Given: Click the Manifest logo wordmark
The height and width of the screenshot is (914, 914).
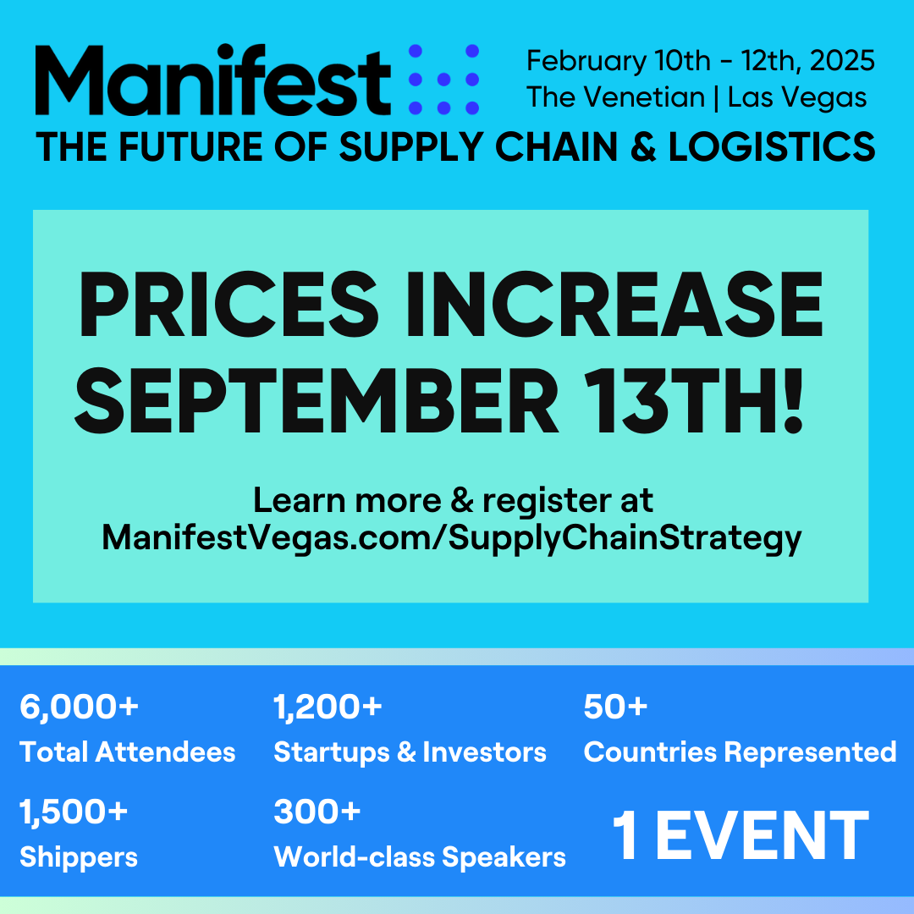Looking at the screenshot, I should (212, 80).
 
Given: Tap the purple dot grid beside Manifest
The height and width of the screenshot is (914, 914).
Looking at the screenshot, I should (443, 80).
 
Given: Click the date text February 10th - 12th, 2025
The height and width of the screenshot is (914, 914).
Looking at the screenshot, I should (700, 61).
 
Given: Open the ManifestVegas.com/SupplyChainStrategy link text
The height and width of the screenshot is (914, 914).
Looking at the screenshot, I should (451, 538).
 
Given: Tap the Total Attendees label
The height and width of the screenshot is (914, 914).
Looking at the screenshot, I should (128, 752).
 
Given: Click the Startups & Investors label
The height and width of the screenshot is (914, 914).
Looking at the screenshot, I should (410, 752).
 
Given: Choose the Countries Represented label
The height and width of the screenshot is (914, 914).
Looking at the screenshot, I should (740, 752).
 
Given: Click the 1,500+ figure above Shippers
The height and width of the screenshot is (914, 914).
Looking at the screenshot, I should (74, 812).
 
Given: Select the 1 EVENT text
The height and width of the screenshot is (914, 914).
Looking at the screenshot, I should (740, 835).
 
